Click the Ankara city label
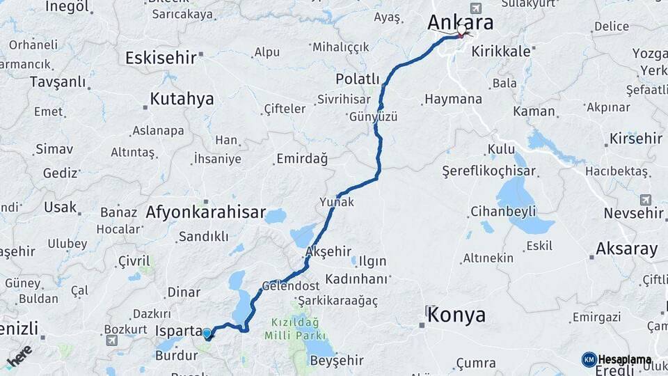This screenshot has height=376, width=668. tap(460, 22)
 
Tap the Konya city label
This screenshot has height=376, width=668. tap(456, 315)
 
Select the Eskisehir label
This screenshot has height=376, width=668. tap(161, 58)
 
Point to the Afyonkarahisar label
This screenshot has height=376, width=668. tap(206, 212)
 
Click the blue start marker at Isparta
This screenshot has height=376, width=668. tap(207, 333)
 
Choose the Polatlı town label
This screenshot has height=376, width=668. tap(358, 79)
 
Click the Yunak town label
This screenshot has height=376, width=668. tap(337, 203)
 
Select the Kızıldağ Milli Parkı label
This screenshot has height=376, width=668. tap(292, 329)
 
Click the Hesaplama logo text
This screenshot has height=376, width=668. tap(624, 359)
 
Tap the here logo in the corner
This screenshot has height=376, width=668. tap(19, 356)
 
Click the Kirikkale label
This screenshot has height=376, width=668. tap(500, 51)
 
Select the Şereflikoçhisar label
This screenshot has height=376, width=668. tap(489, 171)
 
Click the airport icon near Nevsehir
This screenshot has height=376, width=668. tap(645, 200)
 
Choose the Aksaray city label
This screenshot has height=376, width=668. tap(626, 249)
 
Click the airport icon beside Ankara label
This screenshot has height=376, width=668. tap(475, 8)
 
